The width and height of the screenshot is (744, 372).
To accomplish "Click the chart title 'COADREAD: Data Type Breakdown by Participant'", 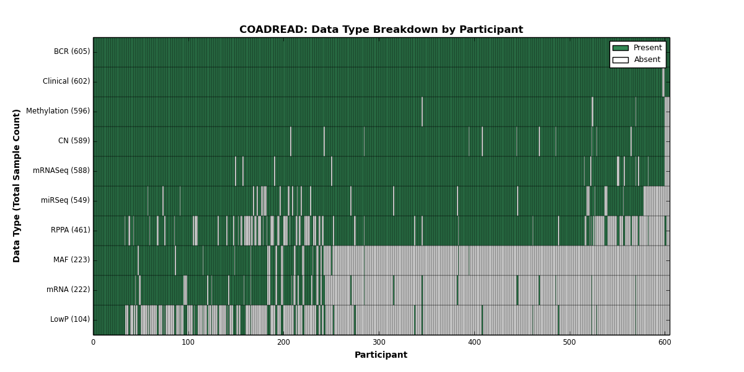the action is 381,30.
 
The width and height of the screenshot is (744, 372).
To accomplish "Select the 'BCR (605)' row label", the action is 72,51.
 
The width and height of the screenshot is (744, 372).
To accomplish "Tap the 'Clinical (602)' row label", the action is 66,81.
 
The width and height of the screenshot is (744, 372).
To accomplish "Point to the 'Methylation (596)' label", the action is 58,111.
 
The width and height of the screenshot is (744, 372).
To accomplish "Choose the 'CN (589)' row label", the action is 74,141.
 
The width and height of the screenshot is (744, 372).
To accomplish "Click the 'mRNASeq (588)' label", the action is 61,170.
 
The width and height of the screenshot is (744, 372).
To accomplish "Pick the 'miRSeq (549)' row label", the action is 65,200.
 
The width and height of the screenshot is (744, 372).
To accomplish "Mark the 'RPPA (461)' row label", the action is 71,230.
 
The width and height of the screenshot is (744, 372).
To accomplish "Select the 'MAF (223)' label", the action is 71,260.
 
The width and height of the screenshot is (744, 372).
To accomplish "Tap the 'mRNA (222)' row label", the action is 68,290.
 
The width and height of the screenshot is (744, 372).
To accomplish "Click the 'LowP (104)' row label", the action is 69,319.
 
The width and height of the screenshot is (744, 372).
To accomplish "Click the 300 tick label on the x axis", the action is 379,342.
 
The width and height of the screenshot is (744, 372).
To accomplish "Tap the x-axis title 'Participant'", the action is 381,355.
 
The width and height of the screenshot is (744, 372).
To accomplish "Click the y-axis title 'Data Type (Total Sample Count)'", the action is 16,186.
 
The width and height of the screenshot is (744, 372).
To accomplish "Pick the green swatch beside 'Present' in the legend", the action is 621,48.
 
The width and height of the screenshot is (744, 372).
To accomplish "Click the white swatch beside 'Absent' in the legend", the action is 621,60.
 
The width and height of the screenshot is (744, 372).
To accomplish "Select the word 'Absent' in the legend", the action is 647,60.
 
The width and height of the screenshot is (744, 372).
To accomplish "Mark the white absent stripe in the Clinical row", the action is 663,82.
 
